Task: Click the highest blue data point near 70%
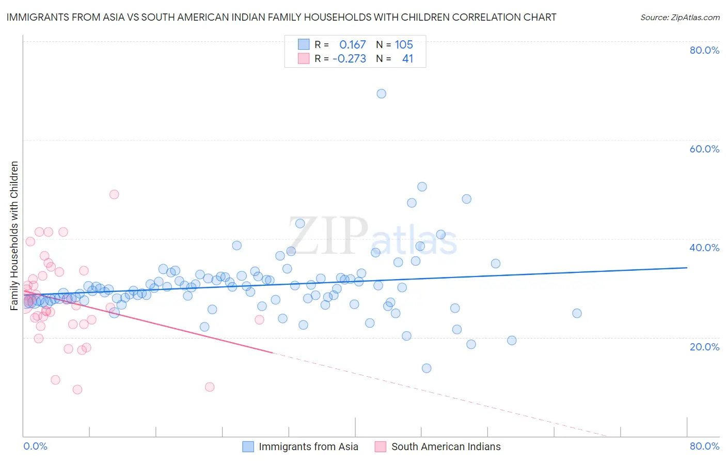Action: [381, 94]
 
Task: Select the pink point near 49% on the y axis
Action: [114, 194]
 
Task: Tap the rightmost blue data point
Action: [577, 313]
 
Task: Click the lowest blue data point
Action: [427, 368]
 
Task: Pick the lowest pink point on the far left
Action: [77, 389]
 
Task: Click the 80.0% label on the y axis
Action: [704, 50]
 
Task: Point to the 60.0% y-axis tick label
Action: [704, 149]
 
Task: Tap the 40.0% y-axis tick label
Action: [704, 248]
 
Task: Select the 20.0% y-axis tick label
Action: [704, 347]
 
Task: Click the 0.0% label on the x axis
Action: [35, 446]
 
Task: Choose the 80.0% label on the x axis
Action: [704, 446]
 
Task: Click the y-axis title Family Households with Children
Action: [14, 236]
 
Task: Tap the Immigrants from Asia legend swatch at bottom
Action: [248, 447]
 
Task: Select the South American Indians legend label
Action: [446, 447]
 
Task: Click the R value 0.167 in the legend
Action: [352, 45]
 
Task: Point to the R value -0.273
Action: [349, 59]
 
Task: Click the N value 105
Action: [404, 45]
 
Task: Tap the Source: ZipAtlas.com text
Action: [680, 18]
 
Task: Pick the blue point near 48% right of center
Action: [466, 199]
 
